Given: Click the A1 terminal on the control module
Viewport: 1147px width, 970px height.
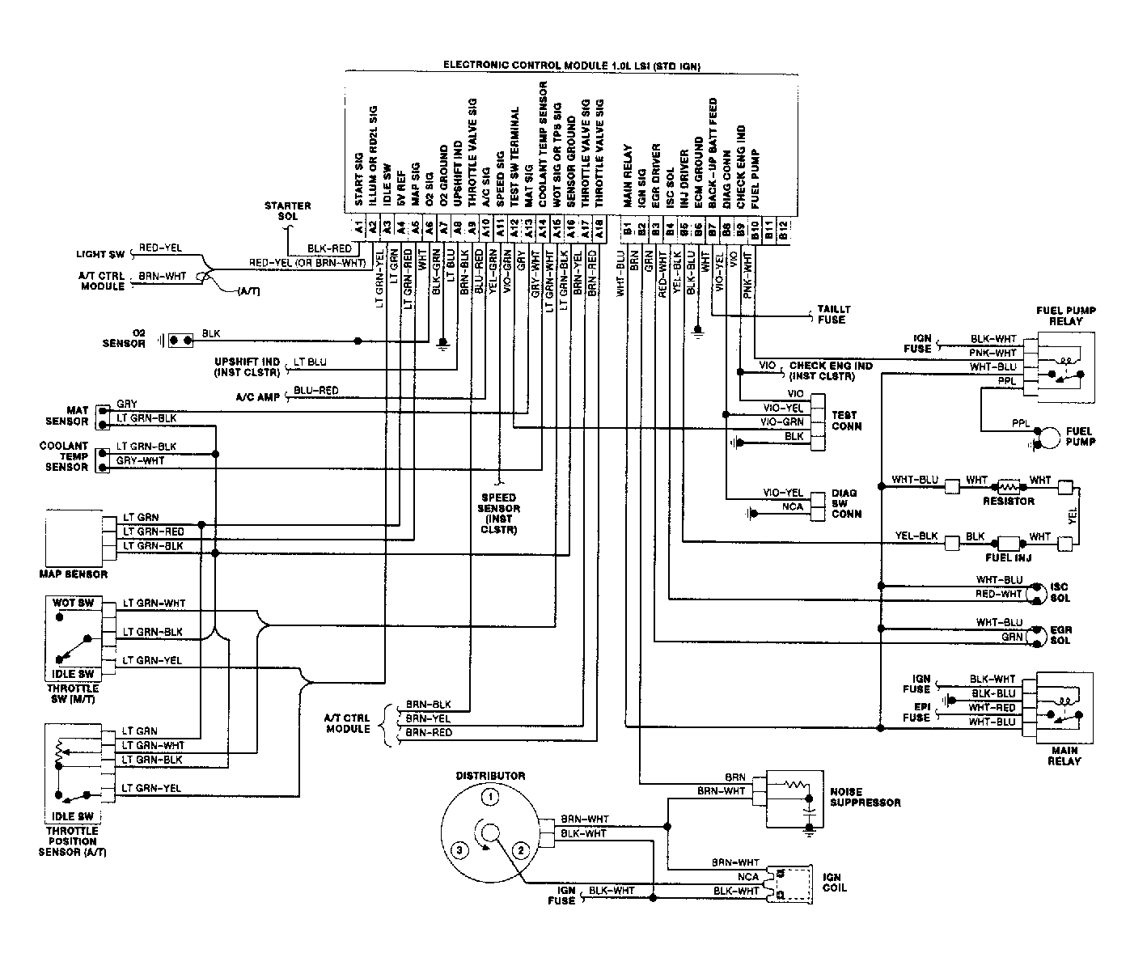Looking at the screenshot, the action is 359,227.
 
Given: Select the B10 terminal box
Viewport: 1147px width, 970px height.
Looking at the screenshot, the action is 755,229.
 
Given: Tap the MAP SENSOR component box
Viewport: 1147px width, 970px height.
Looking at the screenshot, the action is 74,538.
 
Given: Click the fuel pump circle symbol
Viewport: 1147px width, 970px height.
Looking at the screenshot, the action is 1049,438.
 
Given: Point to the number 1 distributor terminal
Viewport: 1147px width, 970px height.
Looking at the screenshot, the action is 490,798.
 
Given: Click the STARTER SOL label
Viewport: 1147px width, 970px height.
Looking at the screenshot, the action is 287,211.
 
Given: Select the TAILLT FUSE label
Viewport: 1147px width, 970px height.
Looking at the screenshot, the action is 833,315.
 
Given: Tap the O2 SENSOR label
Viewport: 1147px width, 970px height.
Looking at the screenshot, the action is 124,338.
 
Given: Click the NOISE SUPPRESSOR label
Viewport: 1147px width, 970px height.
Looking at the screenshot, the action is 866,797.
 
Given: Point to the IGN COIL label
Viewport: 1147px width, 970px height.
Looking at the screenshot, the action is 835,883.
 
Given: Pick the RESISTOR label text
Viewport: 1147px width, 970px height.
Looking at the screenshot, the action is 1008,501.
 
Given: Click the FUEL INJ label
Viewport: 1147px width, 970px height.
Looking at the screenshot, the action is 1008,557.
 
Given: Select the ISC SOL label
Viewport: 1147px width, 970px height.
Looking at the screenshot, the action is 1060,592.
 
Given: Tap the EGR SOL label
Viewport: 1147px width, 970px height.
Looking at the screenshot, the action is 1060,635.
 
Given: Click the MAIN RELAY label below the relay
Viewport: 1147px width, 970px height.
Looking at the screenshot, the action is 1064,756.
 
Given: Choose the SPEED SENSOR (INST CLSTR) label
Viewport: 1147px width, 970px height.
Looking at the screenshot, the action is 498,513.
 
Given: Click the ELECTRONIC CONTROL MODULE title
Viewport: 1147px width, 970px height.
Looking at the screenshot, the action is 572,66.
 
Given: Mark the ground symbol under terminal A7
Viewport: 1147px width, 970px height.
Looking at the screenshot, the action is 442,344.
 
